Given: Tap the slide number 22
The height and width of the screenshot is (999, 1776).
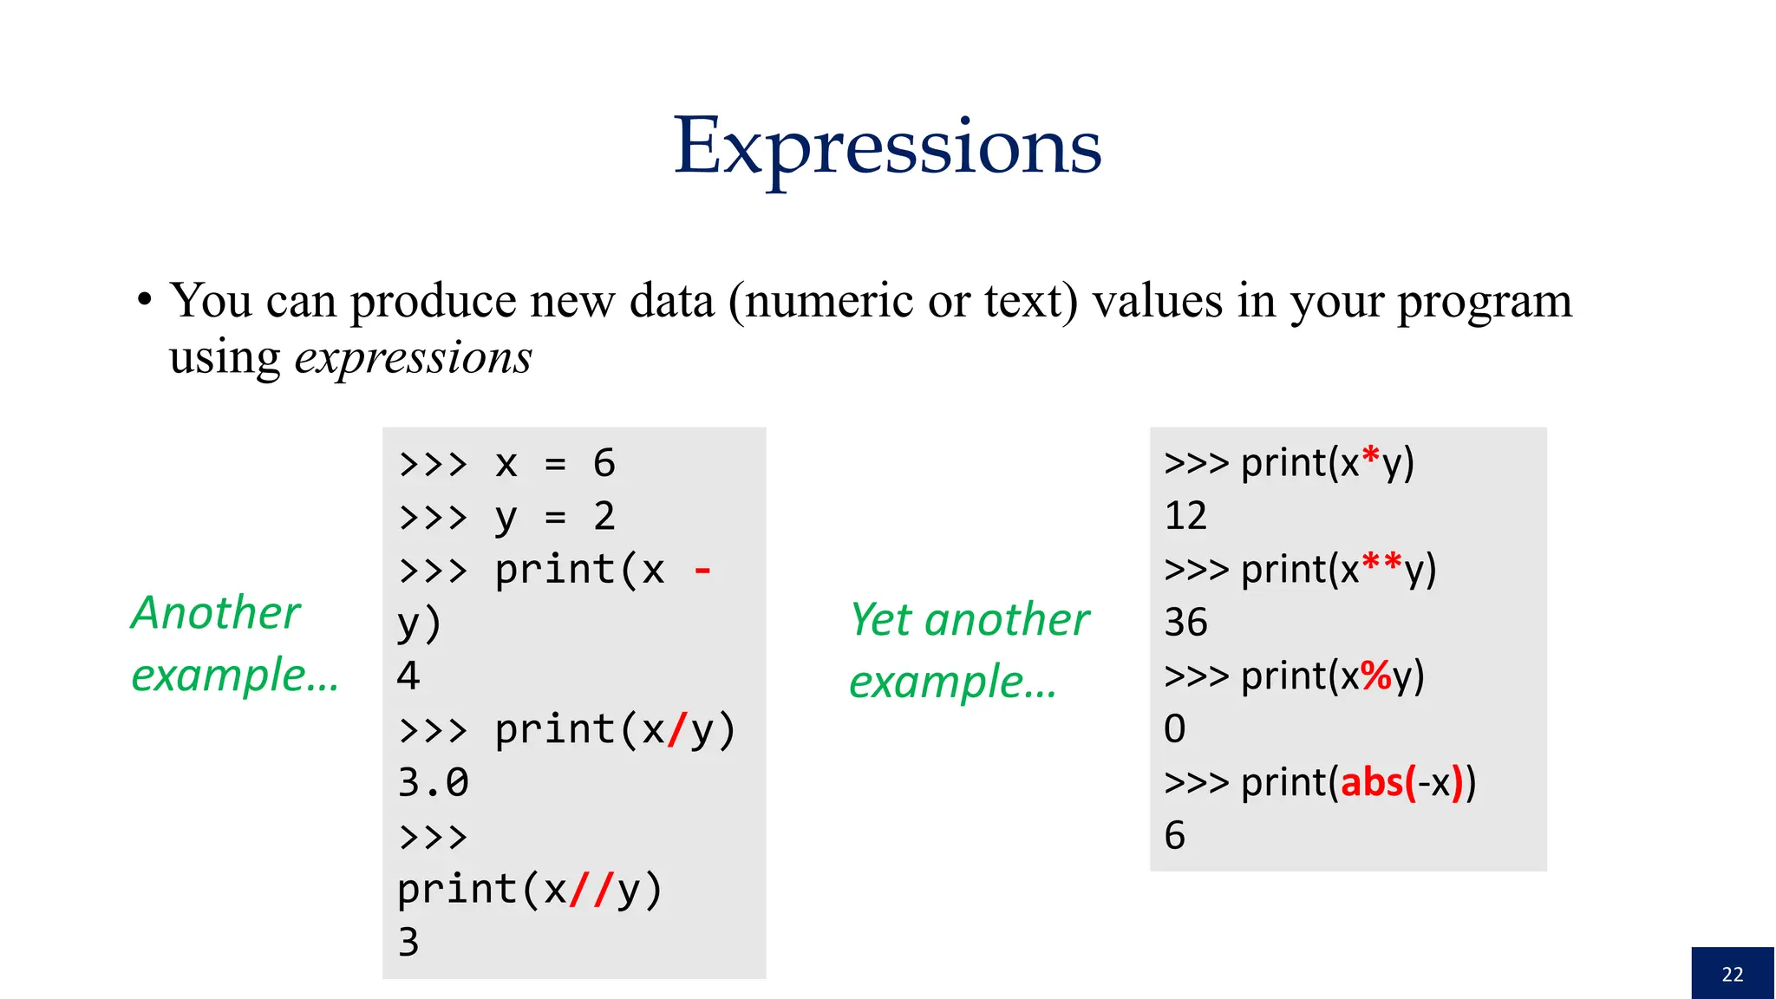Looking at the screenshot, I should (x=1732, y=974).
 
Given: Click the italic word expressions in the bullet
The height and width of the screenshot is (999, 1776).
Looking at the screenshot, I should (x=413, y=358).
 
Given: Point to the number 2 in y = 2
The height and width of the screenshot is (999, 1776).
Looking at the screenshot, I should (x=604, y=517).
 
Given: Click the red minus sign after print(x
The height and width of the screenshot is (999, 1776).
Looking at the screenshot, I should (x=702, y=571).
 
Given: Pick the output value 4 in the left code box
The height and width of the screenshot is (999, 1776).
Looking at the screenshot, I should (x=408, y=676).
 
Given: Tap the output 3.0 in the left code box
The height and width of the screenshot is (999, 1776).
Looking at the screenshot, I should (x=433, y=783).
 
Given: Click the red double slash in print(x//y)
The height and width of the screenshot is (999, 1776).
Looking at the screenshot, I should (x=592, y=890).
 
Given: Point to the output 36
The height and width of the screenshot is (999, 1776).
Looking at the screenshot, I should (x=1185, y=623).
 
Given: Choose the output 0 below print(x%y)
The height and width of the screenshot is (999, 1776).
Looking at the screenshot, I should (x=1174, y=729).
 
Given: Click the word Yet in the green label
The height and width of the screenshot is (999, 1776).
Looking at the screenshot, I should (x=880, y=620).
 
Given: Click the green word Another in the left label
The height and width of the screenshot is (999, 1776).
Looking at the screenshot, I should (x=216, y=613).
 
